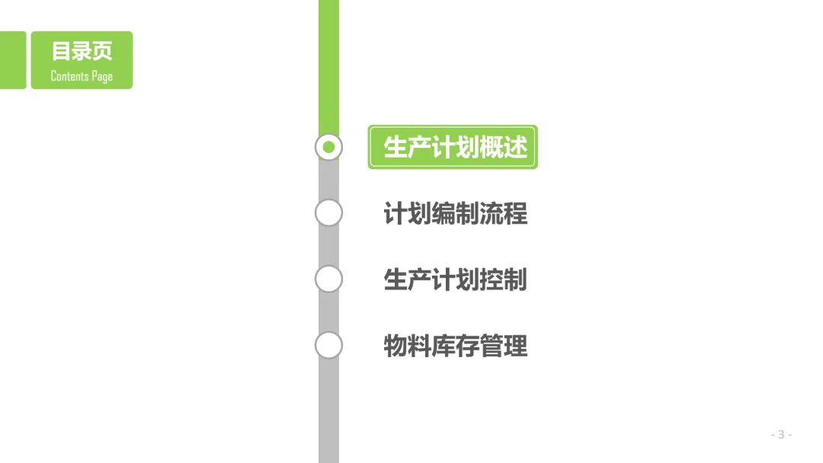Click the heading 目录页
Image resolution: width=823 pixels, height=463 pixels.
82,51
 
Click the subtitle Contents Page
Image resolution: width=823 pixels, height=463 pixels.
82,75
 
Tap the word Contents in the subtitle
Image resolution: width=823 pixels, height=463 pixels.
69,75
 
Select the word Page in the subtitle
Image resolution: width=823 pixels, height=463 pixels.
102,76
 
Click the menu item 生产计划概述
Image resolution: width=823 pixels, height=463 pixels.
455,147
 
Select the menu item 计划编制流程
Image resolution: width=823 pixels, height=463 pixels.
455,213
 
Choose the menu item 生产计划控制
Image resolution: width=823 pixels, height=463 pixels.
455,279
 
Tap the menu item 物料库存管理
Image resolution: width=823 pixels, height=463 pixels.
455,346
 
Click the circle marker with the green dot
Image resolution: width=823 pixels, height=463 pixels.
328,147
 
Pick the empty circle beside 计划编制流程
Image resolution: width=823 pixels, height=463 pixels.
328,213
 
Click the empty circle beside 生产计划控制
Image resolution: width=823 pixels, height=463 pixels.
328,279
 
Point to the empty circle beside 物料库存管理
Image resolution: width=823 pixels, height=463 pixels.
328,346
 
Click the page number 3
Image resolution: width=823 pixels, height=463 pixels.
781,434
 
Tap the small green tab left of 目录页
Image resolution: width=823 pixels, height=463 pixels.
12,60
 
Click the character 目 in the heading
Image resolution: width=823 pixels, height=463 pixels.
61,51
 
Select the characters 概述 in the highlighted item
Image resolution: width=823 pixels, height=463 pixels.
503,147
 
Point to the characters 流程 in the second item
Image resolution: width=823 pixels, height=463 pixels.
503,213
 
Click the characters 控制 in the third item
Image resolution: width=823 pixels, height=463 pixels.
503,279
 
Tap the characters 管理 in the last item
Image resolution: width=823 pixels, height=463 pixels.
503,346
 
